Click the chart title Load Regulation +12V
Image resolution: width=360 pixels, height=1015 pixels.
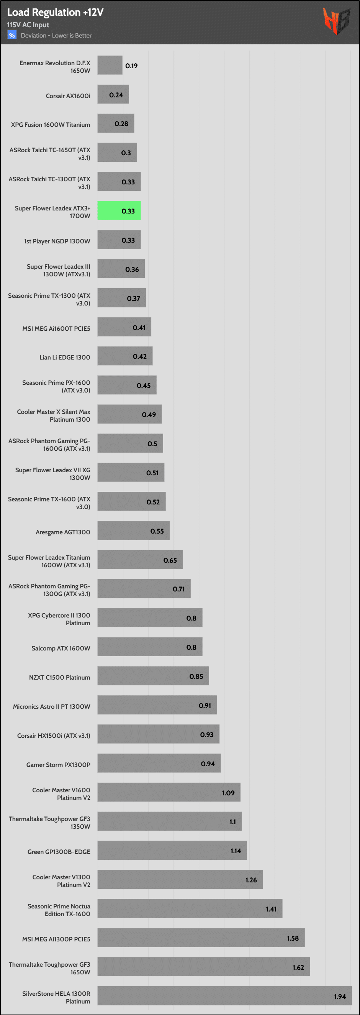(55, 12)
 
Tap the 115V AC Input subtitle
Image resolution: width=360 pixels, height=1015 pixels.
(28, 25)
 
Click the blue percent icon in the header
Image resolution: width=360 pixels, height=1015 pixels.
(12, 35)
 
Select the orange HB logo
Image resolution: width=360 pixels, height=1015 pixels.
(336, 21)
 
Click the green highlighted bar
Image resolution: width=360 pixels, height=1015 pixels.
(119, 211)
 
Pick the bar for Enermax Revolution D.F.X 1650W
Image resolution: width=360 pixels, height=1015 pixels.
(110, 65)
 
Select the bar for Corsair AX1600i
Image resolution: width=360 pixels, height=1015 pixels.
(113, 94)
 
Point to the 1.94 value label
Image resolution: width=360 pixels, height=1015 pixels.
(340, 997)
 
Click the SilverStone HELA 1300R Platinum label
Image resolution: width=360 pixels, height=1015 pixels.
(56, 997)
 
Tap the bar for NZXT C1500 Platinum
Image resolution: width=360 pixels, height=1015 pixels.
(153, 676)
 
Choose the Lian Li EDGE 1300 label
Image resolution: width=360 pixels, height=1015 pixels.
(65, 357)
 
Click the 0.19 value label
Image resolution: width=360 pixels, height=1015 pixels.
(132, 66)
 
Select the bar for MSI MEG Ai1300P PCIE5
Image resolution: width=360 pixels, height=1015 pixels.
(201, 937)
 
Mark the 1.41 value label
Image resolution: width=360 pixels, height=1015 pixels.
(271, 909)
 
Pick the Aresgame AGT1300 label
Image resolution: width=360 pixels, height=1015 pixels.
(63, 532)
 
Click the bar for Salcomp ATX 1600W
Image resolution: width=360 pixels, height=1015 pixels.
(150, 647)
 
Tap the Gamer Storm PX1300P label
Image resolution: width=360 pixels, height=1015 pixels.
(58, 765)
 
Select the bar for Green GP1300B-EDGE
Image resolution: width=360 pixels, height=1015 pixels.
(172, 850)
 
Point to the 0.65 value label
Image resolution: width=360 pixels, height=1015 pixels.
(170, 560)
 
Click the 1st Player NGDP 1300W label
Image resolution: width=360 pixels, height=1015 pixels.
(57, 241)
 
